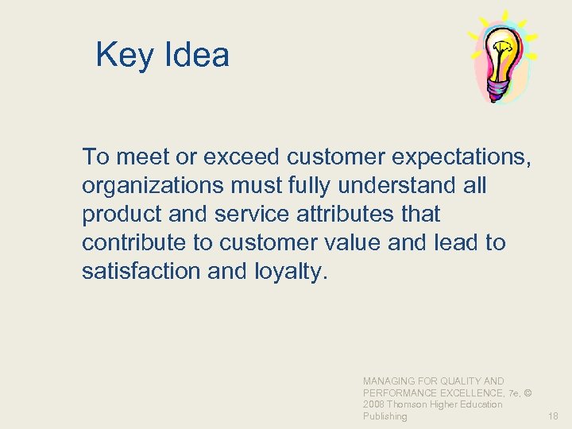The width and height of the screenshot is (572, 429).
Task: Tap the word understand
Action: (395, 186)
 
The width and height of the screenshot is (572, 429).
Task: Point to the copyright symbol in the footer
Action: (528, 393)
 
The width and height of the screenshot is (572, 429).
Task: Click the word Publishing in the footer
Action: (385, 416)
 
